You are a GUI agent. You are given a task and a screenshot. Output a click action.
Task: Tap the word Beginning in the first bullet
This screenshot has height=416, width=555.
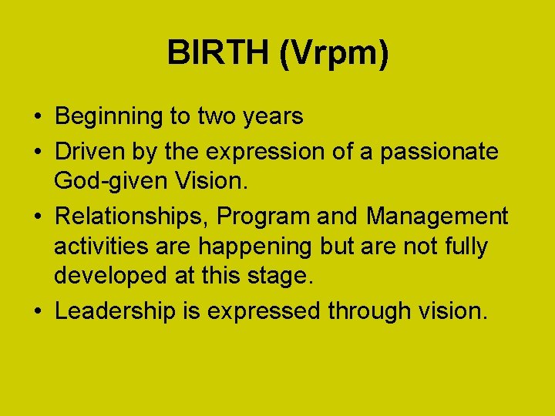pyautogui.click(x=109, y=117)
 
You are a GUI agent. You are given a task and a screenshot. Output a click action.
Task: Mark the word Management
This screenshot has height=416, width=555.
pyautogui.click(x=437, y=216)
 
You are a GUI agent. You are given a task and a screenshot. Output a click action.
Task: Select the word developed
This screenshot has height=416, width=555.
pyautogui.click(x=107, y=276)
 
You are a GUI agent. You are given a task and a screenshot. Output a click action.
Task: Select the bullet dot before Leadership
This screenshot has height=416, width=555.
pyautogui.click(x=37, y=312)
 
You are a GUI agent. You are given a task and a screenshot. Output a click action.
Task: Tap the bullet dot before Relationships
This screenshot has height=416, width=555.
pyautogui.click(x=37, y=218)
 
